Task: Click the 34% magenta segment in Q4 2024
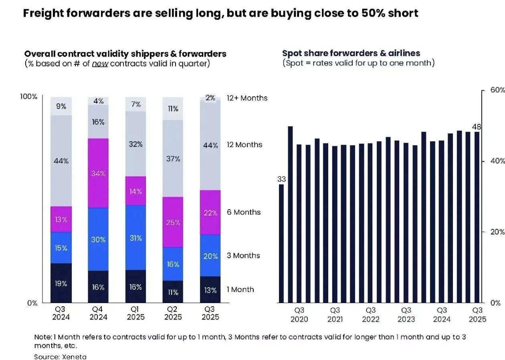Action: pos(98,173)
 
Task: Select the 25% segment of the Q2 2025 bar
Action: pos(173,222)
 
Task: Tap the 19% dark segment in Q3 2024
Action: pos(61,283)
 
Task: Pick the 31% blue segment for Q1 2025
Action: pos(135,238)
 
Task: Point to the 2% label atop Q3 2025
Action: pos(210,98)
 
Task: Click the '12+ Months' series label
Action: pos(247,98)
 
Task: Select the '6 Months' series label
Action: pos(243,212)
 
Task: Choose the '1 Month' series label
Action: pos(240,289)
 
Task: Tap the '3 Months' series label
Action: pos(243,255)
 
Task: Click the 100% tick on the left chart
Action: pos(29,97)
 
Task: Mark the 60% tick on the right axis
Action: pos(496,90)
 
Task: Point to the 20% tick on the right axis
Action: pos(496,232)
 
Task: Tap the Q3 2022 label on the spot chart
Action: pos(371,315)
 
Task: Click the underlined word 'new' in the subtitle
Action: pos(100,64)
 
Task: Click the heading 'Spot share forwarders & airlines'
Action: pos(351,53)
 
